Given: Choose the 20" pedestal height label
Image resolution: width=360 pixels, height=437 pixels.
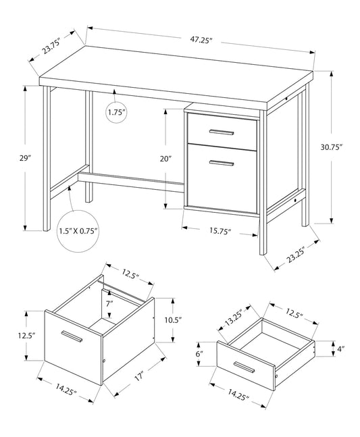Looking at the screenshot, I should tap(165, 159).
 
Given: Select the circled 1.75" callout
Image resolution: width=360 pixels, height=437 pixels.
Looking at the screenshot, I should tap(116, 113).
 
